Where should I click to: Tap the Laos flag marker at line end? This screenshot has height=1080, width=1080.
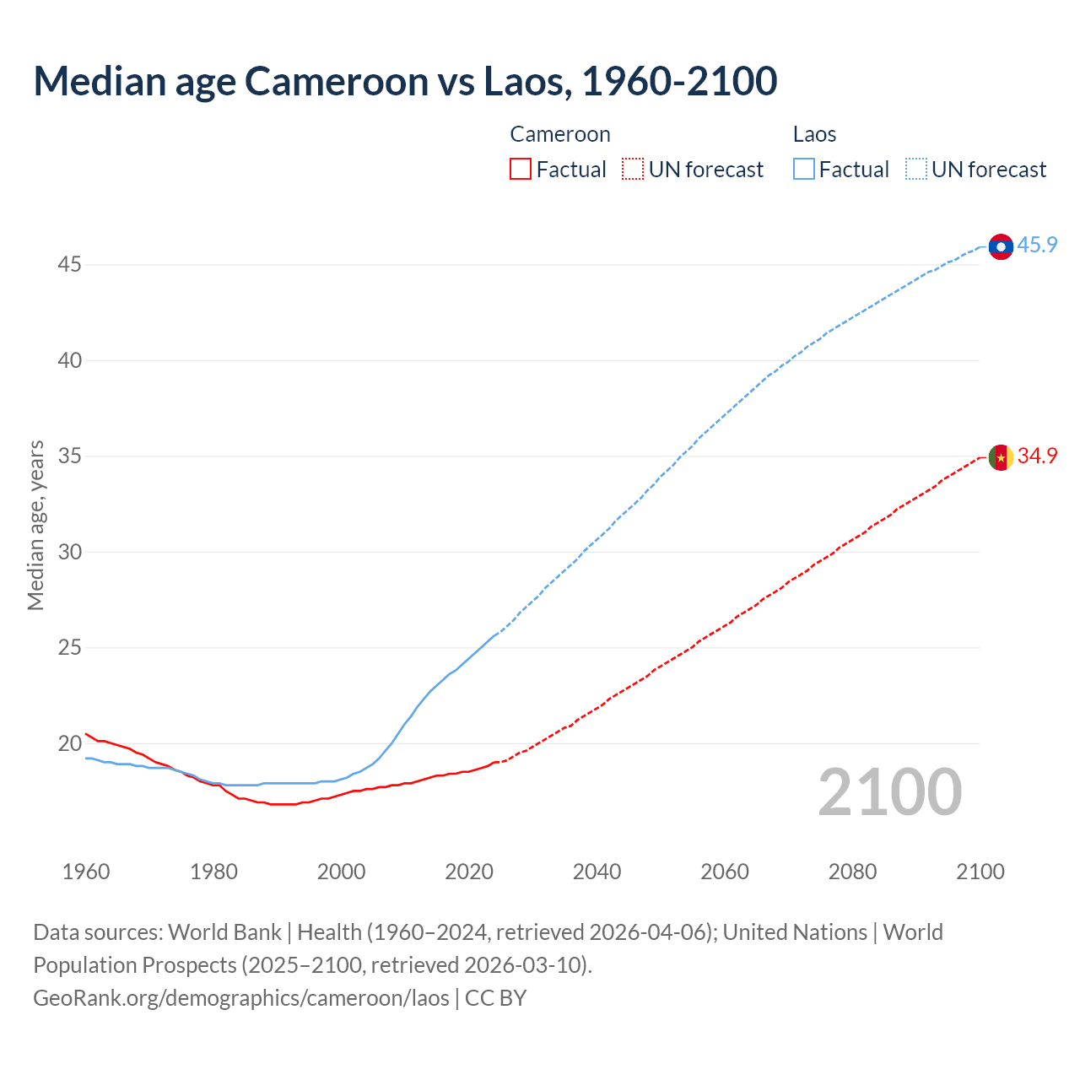pos(1001,246)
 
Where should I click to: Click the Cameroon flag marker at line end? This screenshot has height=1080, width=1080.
pos(1001,457)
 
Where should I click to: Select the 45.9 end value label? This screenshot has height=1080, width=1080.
pos(1037,246)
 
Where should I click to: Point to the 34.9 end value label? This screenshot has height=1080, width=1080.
pos(1037,456)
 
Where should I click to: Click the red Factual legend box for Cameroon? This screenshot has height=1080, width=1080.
pos(521,170)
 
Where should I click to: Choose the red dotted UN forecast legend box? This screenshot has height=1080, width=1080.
pos(633,170)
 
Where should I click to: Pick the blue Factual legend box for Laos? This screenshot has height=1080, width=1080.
pos(803,170)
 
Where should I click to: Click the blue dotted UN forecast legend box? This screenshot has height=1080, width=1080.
pos(915,170)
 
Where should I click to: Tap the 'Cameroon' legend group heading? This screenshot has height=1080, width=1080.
pos(560,134)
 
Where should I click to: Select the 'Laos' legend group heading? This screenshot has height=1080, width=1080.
pos(814,134)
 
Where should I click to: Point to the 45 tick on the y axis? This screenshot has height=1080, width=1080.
pos(69,265)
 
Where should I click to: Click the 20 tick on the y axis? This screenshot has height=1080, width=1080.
pos(69,744)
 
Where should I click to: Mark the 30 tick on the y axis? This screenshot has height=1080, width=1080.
pos(69,553)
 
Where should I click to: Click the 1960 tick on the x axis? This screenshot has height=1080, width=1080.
pos(86,872)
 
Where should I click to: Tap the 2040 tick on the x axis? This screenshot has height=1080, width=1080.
pos(597,872)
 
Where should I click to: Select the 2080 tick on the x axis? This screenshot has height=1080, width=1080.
pos(852,872)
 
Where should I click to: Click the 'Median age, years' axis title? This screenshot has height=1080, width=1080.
pos(35,525)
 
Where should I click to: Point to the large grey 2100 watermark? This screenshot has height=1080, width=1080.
pos(889,792)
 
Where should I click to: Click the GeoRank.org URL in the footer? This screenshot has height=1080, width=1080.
pos(241,998)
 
